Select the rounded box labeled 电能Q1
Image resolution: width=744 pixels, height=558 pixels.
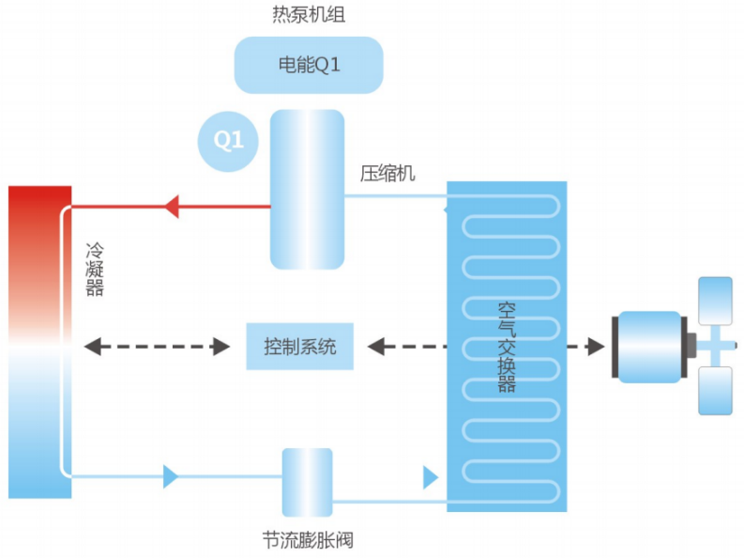[308, 65]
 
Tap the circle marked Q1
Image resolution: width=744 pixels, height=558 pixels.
[228, 141]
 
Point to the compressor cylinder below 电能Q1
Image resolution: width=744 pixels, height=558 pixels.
[307, 189]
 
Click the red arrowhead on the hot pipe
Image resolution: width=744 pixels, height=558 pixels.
[170, 205]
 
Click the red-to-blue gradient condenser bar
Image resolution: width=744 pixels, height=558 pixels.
[39, 342]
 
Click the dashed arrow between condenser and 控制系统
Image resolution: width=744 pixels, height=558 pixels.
[157, 347]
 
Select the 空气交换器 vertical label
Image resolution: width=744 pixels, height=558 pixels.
[507, 347]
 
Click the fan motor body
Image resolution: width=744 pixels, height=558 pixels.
[646, 346]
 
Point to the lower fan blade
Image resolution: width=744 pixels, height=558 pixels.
[716, 390]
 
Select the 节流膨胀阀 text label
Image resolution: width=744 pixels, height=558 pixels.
[308, 540]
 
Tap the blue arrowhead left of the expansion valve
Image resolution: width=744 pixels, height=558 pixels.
[170, 476]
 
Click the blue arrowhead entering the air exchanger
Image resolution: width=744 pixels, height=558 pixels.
[430, 477]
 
